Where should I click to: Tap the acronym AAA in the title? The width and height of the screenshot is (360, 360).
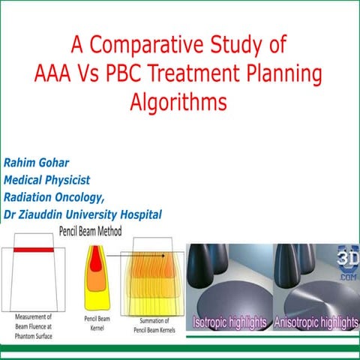pos(60,73)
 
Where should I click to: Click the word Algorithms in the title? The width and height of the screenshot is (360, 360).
pos(179,100)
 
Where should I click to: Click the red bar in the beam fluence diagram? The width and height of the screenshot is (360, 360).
pos(32,248)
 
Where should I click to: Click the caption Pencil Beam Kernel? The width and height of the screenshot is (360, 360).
pos(97,323)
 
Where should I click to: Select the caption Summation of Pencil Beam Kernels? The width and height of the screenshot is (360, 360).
pos(154,323)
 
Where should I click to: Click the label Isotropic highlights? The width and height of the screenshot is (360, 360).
pos(230,322)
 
